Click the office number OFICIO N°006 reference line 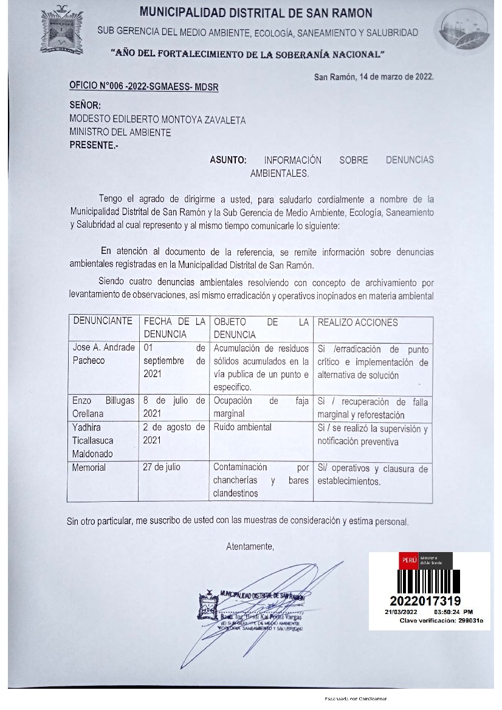144,87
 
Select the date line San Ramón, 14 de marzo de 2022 373,77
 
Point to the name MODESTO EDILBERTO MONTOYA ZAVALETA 157,120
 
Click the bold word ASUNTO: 228,160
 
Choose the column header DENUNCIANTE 103,321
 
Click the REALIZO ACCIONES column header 358,323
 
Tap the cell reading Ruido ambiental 242,427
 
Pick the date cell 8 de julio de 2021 174,407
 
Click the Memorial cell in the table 89,468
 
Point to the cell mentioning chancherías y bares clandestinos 261,480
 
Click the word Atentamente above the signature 250,547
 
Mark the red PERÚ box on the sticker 407,560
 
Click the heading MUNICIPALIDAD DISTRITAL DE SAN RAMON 256,13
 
